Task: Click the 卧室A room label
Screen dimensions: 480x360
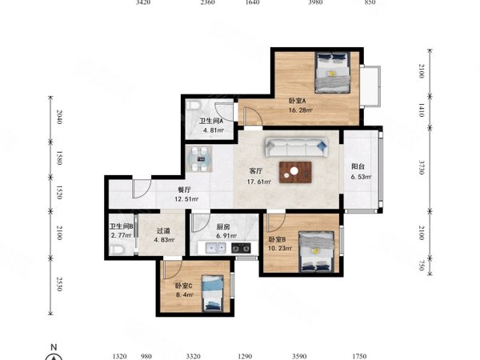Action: [298, 101]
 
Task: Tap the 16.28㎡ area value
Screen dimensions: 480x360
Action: [301, 110]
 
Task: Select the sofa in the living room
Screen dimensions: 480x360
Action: [296, 147]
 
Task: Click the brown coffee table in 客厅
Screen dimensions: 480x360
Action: [295, 172]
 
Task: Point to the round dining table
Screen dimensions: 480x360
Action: [199, 159]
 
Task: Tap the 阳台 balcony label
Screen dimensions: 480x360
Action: [358, 167]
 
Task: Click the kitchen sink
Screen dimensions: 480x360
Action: [215, 248]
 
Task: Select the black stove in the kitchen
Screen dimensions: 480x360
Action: [241, 248]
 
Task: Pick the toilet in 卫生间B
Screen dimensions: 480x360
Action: [117, 250]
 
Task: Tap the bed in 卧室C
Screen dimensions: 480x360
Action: [213, 294]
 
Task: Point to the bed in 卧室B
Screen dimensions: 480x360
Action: [317, 252]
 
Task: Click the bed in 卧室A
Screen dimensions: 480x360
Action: [333, 72]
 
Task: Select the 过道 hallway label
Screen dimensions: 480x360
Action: [163, 231]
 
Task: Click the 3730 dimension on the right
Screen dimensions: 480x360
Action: [422, 167]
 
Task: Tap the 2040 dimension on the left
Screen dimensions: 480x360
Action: [59, 117]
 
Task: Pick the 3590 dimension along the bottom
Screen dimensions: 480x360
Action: [299, 356]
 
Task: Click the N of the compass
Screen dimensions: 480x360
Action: [54, 347]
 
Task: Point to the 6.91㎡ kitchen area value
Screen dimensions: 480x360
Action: [226, 236]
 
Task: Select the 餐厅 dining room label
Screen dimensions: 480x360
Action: [184, 190]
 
